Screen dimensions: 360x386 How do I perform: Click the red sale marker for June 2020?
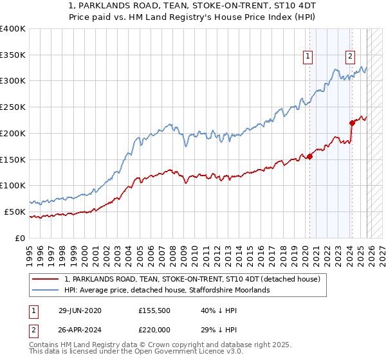point(309,156)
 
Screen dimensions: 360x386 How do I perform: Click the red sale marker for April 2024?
point(352,122)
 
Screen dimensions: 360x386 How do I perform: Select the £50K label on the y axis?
point(15,212)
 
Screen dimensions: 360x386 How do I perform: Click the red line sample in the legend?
point(46,279)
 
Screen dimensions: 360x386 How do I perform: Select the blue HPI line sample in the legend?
point(46,291)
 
